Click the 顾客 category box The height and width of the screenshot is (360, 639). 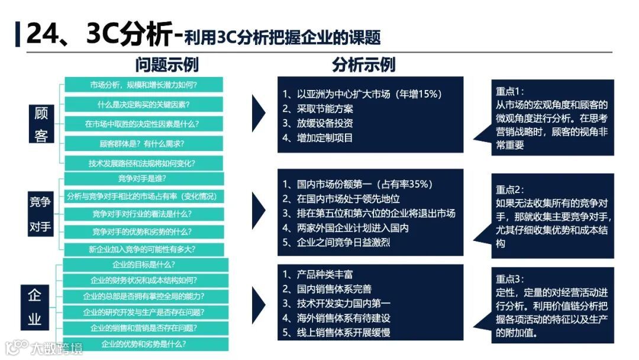point(41,124)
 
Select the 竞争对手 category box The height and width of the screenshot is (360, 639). point(40,214)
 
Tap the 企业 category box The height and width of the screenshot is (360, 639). point(35,307)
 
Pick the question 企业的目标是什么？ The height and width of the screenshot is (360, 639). point(144,265)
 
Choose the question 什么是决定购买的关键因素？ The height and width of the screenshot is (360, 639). point(144,105)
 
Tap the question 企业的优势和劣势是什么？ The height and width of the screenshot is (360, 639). point(144,344)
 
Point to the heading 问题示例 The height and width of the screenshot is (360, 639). point(167,65)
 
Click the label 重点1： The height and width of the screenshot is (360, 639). point(510,92)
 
